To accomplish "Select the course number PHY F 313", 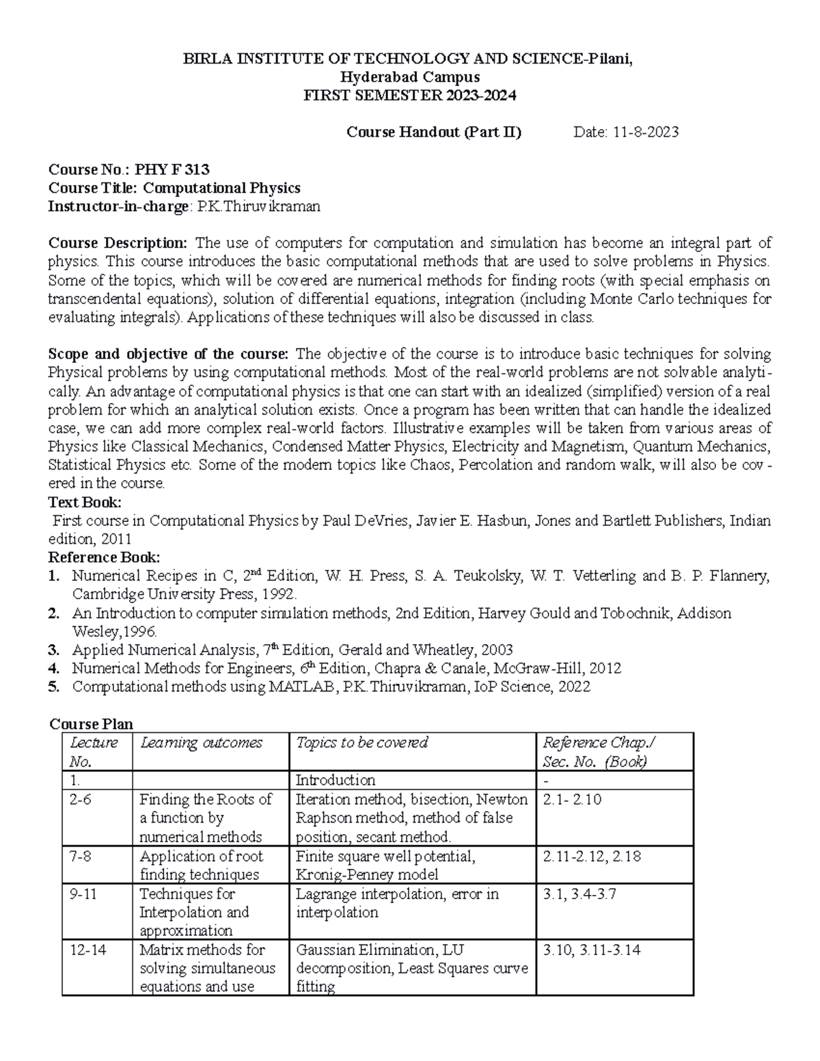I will [172, 169].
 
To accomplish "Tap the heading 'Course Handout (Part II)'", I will [434, 133].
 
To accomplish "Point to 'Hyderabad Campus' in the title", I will [409, 77].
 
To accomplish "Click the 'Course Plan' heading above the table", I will [92, 724].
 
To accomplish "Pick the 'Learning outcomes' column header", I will [201, 743].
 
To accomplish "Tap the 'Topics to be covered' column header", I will [361, 743].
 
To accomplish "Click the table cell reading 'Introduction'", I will [335, 780].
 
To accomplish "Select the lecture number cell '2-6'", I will [81, 799].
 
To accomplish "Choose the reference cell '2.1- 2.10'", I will [571, 799].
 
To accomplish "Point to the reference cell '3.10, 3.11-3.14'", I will [591, 950].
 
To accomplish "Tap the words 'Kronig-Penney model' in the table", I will [367, 874].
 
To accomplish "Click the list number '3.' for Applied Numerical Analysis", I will [55, 650].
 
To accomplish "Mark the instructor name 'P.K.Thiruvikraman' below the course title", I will [258, 206].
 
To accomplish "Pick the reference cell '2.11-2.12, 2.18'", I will [591, 856].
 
